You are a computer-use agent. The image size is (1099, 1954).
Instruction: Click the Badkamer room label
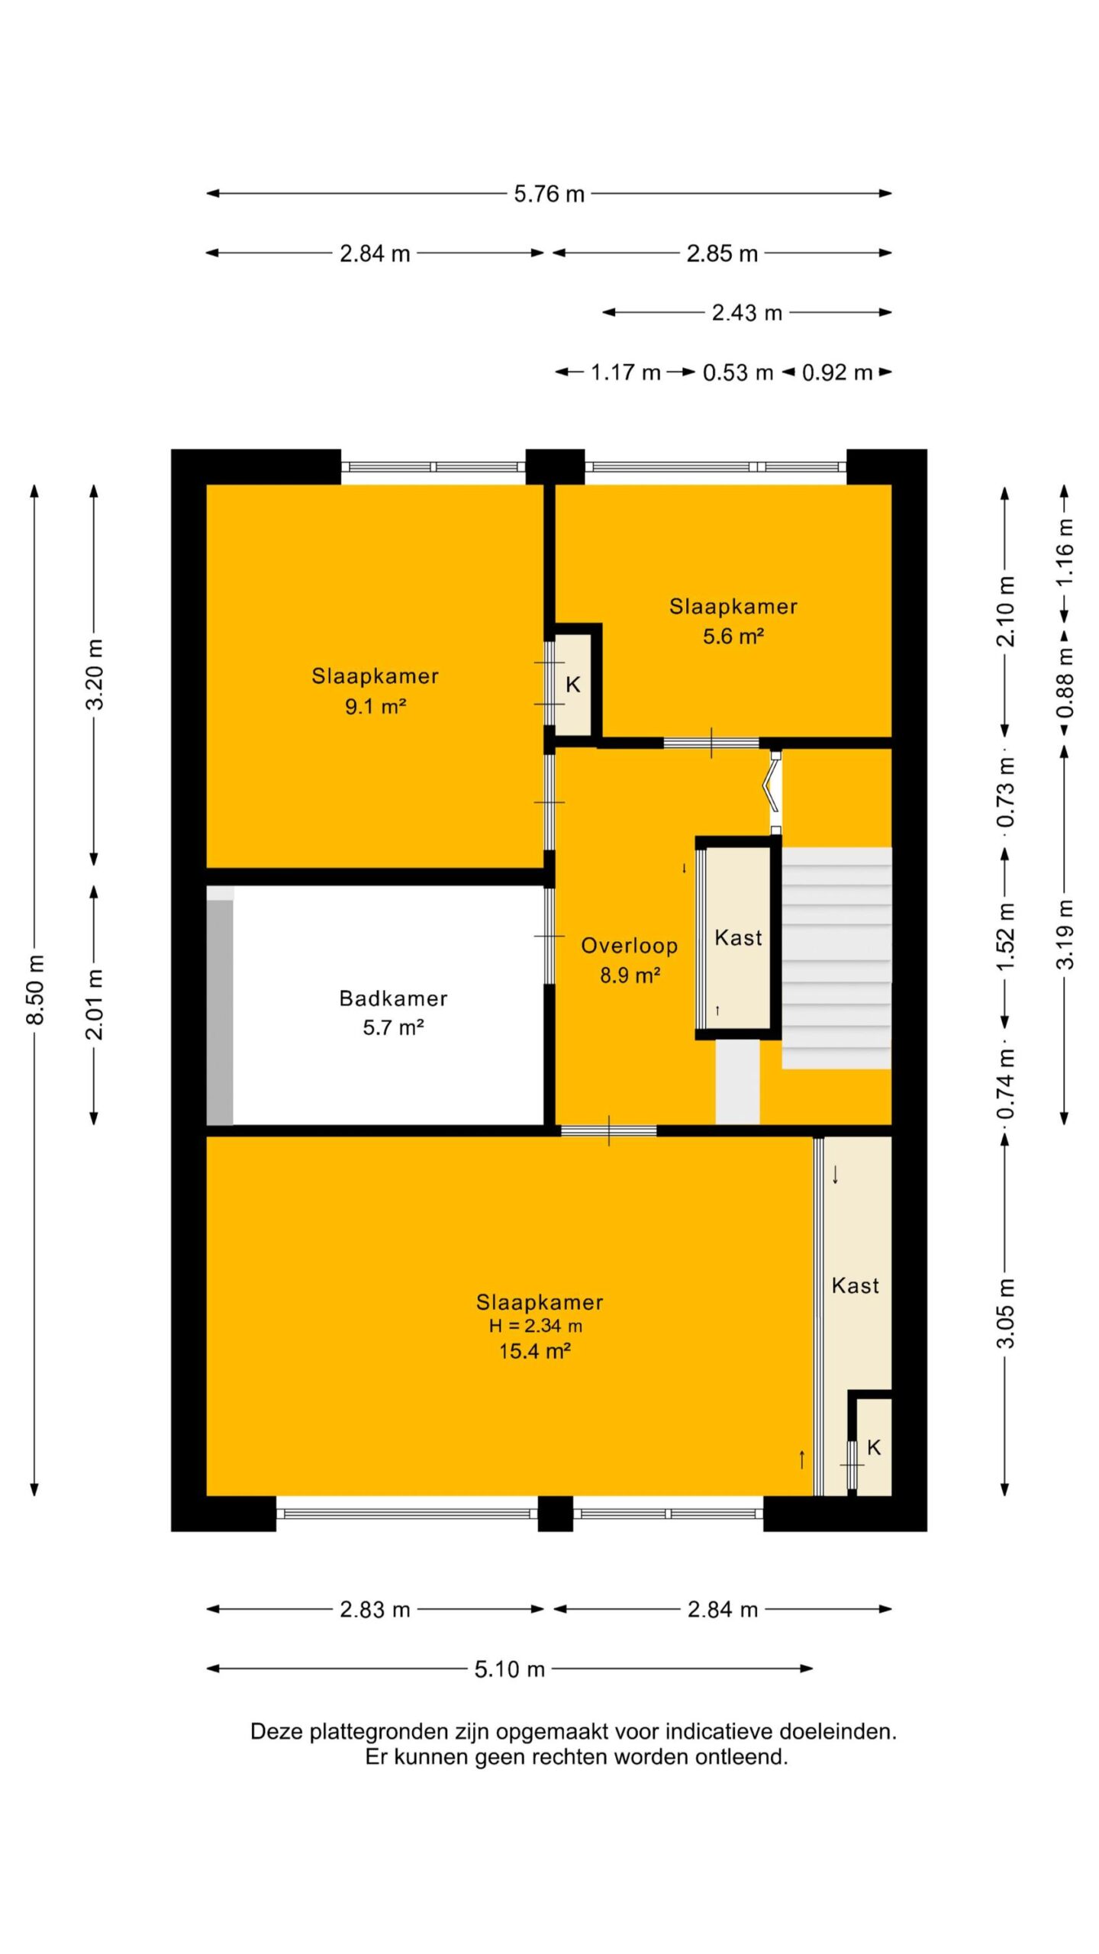click(393, 998)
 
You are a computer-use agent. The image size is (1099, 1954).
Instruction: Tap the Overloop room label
click(629, 946)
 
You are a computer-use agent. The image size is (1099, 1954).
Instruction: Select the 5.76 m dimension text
click(549, 194)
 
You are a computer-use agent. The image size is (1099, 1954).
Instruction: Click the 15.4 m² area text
click(535, 1351)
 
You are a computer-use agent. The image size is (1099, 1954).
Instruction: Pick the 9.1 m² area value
click(375, 706)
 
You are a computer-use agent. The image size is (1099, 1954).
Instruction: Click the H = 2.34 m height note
click(535, 1327)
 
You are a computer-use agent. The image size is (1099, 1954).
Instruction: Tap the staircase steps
click(836, 957)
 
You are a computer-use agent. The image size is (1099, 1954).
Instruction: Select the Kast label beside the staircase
click(738, 937)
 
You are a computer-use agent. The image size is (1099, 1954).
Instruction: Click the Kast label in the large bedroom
click(855, 1286)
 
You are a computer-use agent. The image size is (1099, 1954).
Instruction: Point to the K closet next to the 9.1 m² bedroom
click(572, 685)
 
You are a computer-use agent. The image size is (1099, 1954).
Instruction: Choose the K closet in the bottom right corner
click(874, 1447)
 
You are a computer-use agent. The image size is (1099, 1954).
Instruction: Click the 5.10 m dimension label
click(509, 1669)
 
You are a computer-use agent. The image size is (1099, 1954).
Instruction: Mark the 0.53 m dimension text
click(737, 372)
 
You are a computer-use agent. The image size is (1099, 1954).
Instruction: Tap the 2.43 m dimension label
click(746, 313)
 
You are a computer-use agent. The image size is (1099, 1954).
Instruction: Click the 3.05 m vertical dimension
click(1007, 1313)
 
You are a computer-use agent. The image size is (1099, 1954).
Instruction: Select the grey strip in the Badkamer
click(220, 1012)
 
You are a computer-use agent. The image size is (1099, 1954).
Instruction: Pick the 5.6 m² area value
click(733, 636)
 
